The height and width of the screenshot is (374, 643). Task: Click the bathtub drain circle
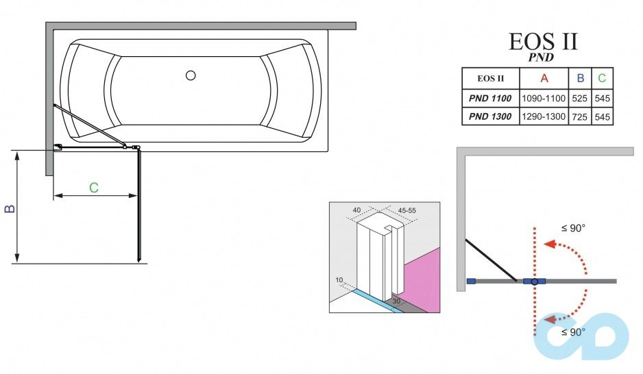coord(191,76)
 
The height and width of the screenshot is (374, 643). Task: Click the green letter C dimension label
coord(94,187)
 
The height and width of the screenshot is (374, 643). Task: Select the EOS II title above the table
coord(543,41)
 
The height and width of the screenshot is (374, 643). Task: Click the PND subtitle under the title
coord(541,58)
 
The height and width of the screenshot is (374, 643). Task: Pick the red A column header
coord(544,77)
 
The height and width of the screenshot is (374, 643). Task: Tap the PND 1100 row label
coord(490,98)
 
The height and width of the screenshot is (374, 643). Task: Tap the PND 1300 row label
coord(490,116)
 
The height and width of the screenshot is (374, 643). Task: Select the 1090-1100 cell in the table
coord(544,98)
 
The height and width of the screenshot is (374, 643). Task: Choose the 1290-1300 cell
coord(544,116)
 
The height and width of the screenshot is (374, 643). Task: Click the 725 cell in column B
coord(580,116)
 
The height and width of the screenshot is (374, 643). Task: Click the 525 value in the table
coord(580,98)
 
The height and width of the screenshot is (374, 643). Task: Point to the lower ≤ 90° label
coord(573,332)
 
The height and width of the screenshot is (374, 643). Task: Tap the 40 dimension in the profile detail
coord(356,210)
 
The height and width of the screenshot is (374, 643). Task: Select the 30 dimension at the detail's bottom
coord(396,301)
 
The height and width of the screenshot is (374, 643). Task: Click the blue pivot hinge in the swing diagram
coord(535,281)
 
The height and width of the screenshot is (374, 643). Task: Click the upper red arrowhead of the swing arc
coord(547,243)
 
